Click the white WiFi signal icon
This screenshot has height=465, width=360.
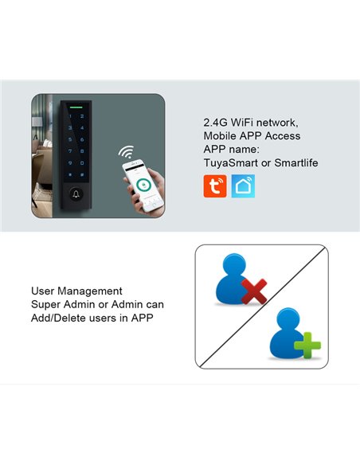[x=126, y=151]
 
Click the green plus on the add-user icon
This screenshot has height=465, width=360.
[x=306, y=347]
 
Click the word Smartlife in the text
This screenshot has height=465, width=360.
[x=294, y=162]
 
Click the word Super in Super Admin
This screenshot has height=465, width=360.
[x=45, y=305]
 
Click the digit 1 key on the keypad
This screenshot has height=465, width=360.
[x=70, y=116]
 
